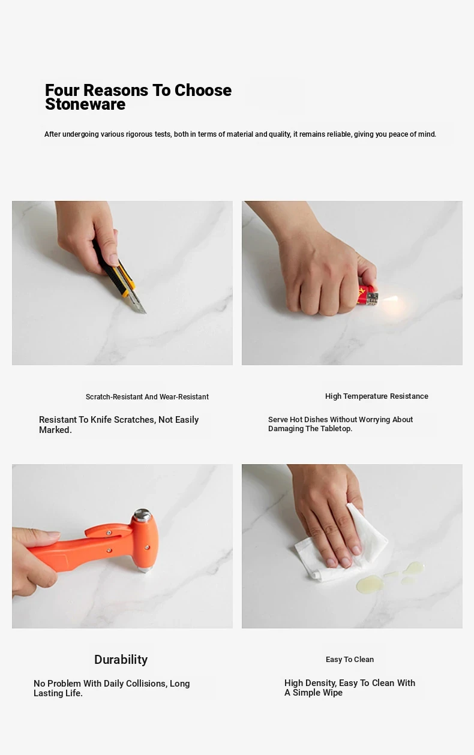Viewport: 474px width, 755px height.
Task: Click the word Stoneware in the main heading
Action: click(x=85, y=104)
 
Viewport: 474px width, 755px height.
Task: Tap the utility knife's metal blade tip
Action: click(x=146, y=313)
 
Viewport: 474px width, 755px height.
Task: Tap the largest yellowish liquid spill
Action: click(x=370, y=583)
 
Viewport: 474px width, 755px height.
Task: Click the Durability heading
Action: click(x=121, y=660)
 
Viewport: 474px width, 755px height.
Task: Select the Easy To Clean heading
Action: click(x=350, y=659)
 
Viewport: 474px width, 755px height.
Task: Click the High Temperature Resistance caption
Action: click(x=377, y=396)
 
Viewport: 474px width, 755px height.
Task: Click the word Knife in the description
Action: click(x=101, y=420)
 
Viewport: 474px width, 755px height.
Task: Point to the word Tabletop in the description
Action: click(x=337, y=428)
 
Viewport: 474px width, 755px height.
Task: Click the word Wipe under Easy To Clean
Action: click(x=333, y=693)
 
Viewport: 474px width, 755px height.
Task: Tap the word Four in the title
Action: click(x=62, y=91)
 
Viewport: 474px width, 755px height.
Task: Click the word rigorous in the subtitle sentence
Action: click(x=139, y=134)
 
